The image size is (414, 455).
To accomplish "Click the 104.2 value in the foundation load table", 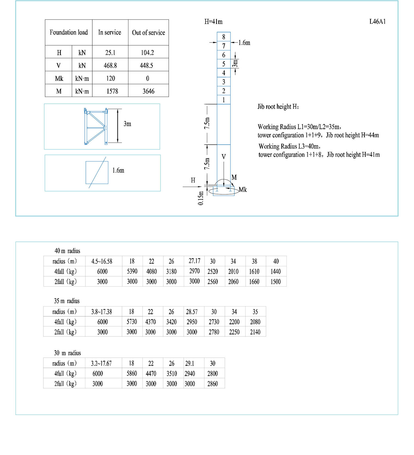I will (x=147, y=53).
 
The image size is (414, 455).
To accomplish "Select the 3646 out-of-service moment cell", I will (x=148, y=91).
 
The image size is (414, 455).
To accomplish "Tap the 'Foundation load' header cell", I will (x=69, y=32).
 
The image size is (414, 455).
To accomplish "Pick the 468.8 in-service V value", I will (x=110, y=65).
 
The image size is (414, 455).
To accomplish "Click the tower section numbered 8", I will (x=224, y=37).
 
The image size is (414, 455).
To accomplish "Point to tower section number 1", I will (x=224, y=100).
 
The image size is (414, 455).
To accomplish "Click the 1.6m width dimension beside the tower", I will (x=244, y=43).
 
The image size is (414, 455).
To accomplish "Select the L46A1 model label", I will (x=377, y=22).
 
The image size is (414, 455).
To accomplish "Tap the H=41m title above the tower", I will (x=213, y=22).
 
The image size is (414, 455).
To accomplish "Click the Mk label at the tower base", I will (x=243, y=190).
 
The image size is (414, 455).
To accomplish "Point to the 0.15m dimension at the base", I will (x=201, y=198).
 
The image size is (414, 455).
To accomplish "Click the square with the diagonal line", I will (x=97, y=173).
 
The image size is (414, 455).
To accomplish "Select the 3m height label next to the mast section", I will (x=127, y=124).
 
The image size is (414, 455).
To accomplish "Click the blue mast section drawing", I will (x=96, y=126).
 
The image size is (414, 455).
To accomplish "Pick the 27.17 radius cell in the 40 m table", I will (x=194, y=261).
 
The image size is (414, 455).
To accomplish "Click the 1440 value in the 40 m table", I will (x=276, y=271).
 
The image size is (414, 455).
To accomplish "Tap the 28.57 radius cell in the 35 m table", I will (x=192, y=312).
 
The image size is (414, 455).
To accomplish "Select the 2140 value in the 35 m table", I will (x=255, y=332).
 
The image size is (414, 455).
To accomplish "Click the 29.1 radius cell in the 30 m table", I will (x=189, y=363).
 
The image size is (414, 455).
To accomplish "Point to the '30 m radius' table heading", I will (x=67, y=353).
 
